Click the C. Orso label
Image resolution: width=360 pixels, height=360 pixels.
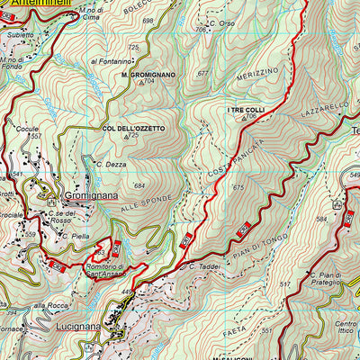click(x=220, y=23)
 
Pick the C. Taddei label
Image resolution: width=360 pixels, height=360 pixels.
click(x=205, y=266)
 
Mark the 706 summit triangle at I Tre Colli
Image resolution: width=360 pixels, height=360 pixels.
click(x=243, y=119)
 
